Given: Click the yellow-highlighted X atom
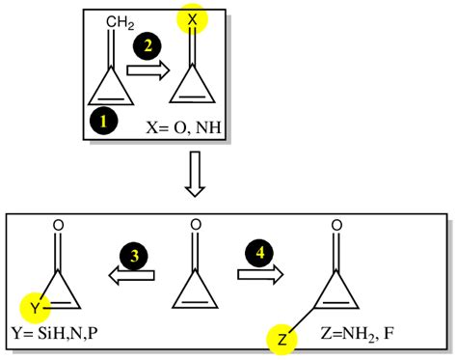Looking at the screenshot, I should pos(192,20).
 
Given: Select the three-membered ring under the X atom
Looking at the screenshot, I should pos(192,90).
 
